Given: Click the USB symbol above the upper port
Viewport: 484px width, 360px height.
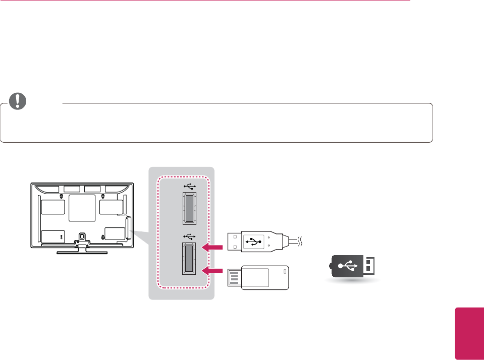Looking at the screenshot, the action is pyautogui.click(x=190, y=186).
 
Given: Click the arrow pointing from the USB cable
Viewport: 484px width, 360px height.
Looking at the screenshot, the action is pyautogui.click(x=212, y=247).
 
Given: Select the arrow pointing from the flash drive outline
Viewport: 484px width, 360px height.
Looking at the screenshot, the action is pyautogui.click(x=212, y=272).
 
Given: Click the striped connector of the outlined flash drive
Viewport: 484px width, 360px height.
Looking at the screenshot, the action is pyautogui.click(x=235, y=277).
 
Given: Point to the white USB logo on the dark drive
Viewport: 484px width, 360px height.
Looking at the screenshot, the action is pyautogui.click(x=348, y=265).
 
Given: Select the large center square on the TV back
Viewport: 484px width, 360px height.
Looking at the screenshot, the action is pyautogui.click(x=81, y=208).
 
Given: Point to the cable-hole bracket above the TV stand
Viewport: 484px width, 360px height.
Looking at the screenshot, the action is pyautogui.click(x=81, y=235).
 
